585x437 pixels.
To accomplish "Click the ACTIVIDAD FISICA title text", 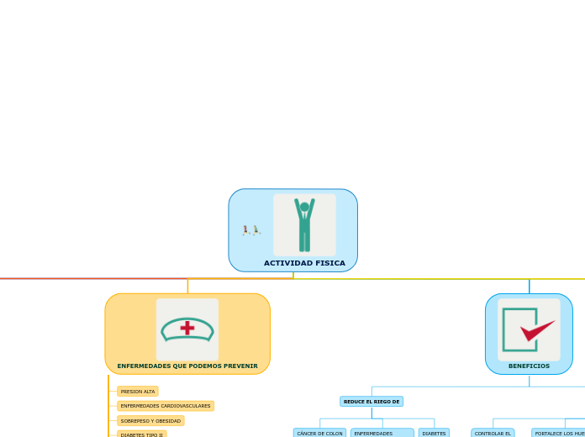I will pos(304,263).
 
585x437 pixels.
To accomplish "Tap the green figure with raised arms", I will pos(304,226).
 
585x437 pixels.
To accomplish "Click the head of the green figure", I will pos(304,207).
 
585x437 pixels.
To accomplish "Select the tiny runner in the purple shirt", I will pos(246,229).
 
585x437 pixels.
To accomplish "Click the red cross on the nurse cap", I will pos(187,328).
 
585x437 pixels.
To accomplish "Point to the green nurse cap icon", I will pos(187,330).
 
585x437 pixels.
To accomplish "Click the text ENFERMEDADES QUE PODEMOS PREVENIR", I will pos(187,366).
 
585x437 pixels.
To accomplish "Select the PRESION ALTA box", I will pos(138,392).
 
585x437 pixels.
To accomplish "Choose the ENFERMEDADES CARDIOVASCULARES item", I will pos(166,406).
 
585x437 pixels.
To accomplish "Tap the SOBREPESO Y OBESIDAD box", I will pos(150,420).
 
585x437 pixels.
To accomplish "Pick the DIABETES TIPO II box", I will pos(141,434).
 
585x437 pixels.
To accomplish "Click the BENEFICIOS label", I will pos(529,366).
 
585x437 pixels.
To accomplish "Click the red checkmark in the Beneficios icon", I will pos(536,330).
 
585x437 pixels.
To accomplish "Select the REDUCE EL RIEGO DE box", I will pos(372,402).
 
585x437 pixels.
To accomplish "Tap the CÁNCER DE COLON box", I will pos(319,433).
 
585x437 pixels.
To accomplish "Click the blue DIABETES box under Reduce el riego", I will pos(434,433).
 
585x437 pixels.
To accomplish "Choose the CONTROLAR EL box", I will pos(493,433).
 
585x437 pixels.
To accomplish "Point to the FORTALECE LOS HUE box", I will pos(559,433).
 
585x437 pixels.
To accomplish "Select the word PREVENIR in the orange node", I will pos(241,366).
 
